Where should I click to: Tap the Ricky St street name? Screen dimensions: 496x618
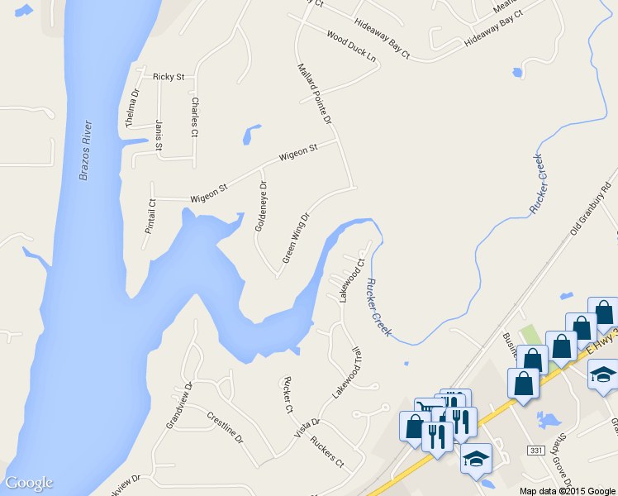point(169,77)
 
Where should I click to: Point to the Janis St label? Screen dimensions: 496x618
point(159,136)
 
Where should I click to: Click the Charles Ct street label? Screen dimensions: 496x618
point(195,117)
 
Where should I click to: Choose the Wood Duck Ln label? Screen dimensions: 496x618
point(351,48)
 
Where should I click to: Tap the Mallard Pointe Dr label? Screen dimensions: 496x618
point(314,93)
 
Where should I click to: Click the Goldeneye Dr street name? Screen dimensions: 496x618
point(261,206)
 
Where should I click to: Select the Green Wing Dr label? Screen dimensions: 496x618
point(296,238)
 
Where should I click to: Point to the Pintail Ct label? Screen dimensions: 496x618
point(150,216)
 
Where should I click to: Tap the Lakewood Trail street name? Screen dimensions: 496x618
point(348,373)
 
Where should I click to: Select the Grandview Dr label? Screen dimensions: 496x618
point(178,405)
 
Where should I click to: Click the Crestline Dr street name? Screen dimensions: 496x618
point(225,427)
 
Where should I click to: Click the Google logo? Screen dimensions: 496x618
point(29,483)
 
